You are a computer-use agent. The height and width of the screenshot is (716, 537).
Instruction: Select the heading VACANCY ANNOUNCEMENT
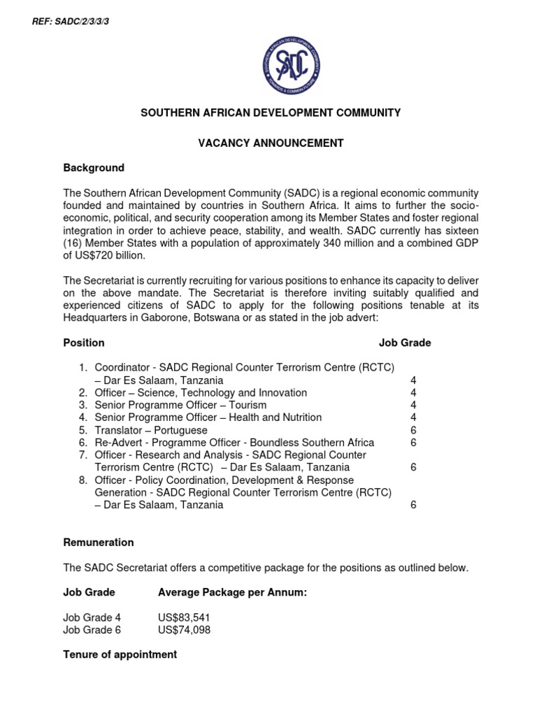click(x=271, y=143)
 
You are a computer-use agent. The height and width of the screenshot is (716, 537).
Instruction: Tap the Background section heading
click(x=94, y=168)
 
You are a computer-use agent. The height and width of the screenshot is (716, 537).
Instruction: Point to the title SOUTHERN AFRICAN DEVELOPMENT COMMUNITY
click(x=271, y=113)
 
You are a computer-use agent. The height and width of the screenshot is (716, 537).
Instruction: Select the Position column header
click(x=84, y=343)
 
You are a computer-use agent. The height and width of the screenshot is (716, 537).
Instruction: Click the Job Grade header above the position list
click(x=405, y=343)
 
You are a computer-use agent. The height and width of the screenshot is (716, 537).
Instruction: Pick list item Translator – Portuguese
click(x=151, y=430)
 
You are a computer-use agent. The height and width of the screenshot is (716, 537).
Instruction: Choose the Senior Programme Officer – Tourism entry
click(x=180, y=405)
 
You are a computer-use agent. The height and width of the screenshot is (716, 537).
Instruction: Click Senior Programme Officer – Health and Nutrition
click(x=208, y=417)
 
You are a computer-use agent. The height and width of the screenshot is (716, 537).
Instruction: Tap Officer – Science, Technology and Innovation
click(x=201, y=393)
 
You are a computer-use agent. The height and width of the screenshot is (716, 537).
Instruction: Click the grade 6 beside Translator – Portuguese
click(x=413, y=430)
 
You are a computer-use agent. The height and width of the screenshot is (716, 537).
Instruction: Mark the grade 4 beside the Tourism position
click(x=413, y=405)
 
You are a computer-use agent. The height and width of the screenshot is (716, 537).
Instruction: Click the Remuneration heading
click(x=98, y=543)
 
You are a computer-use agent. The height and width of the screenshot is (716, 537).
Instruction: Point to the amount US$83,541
click(x=184, y=617)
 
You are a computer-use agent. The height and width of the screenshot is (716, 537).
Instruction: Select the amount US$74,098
click(x=184, y=630)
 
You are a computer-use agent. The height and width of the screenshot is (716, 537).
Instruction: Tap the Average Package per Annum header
click(x=232, y=592)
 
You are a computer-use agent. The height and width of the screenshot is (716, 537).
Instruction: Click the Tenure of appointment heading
click(x=120, y=654)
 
